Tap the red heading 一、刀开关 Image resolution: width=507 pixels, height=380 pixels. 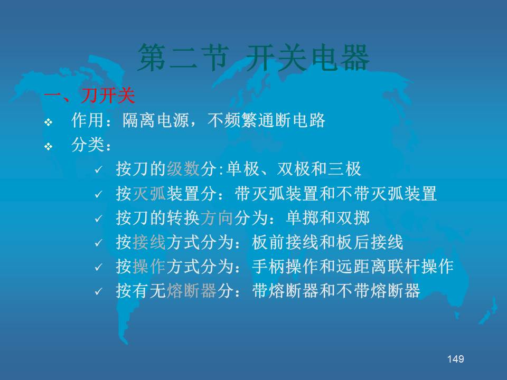click(89, 96)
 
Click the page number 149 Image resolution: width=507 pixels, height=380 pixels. click(455, 359)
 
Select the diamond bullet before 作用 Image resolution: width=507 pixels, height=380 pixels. click(49, 122)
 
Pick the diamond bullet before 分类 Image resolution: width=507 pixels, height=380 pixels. click(49, 147)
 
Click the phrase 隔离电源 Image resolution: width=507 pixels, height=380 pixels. click(155, 120)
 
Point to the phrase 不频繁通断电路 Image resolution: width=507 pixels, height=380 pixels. click(266, 120)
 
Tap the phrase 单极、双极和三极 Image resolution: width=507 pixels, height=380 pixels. click(294, 169)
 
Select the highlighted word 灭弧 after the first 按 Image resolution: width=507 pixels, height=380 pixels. click(149, 194)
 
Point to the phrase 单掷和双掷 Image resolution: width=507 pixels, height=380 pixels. click(327, 218)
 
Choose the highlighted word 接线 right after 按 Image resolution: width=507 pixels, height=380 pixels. click(149, 242)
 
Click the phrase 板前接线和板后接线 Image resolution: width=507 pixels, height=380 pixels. click(327, 242)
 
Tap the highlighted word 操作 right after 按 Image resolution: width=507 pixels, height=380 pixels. click(149, 267)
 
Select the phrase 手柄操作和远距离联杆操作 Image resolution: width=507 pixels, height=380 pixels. click(353, 267)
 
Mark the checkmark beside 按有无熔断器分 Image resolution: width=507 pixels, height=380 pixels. click(98, 292)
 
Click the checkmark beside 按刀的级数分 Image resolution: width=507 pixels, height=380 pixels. click(98, 170)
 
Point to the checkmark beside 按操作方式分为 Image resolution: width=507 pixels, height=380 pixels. click(98, 268)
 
